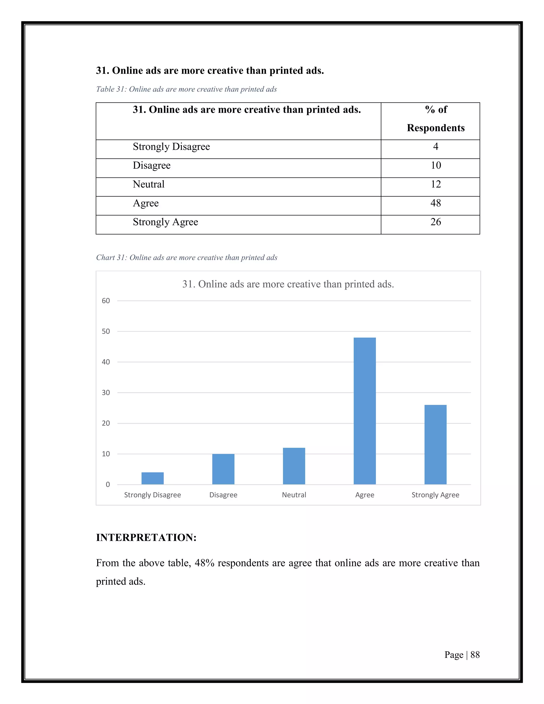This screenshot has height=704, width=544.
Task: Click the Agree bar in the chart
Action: (x=364, y=411)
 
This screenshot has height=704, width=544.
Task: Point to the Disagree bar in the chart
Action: (x=223, y=469)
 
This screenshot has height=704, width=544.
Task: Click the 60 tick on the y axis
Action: (x=106, y=301)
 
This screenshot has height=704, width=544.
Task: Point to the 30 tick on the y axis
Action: (x=106, y=393)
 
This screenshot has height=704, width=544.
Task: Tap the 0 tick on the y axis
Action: (x=108, y=485)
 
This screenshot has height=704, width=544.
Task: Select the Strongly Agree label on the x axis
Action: (x=435, y=495)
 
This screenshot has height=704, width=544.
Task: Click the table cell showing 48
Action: (x=435, y=203)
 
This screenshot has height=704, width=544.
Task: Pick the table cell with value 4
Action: (x=435, y=147)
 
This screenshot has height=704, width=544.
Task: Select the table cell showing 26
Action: (x=435, y=222)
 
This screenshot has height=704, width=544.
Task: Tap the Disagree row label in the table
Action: (x=151, y=165)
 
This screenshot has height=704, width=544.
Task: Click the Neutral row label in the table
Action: (x=148, y=184)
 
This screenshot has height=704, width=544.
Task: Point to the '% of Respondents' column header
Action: (x=435, y=119)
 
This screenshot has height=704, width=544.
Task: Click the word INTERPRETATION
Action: (x=146, y=537)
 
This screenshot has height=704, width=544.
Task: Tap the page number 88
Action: (x=475, y=655)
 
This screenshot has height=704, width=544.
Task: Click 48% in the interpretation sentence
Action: (x=204, y=563)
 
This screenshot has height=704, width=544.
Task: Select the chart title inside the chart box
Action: (x=288, y=284)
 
